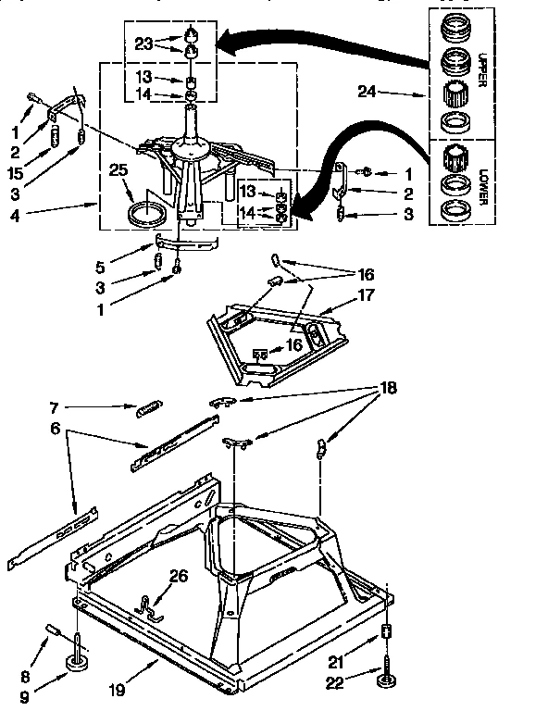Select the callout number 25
[118, 169]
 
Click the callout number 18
[387, 388]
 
